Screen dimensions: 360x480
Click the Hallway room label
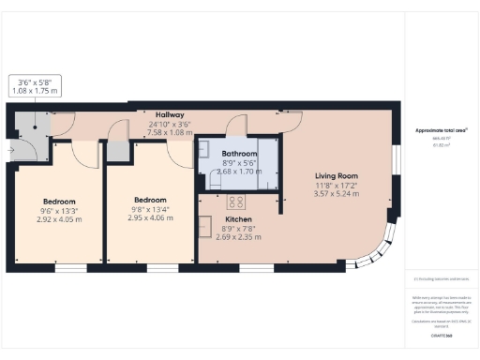pos(169,113)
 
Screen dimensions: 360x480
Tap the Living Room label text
pos(337,175)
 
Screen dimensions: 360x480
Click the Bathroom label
pos(240,153)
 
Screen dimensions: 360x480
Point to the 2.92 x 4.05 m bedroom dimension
pos(59,219)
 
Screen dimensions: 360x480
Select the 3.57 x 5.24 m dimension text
pos(337,194)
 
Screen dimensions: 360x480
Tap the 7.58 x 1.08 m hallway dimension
pos(169,132)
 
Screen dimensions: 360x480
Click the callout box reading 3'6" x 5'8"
pos(34,86)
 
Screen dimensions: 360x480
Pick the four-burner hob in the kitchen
pos(236,202)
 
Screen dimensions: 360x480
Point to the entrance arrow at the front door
pos(11,147)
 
